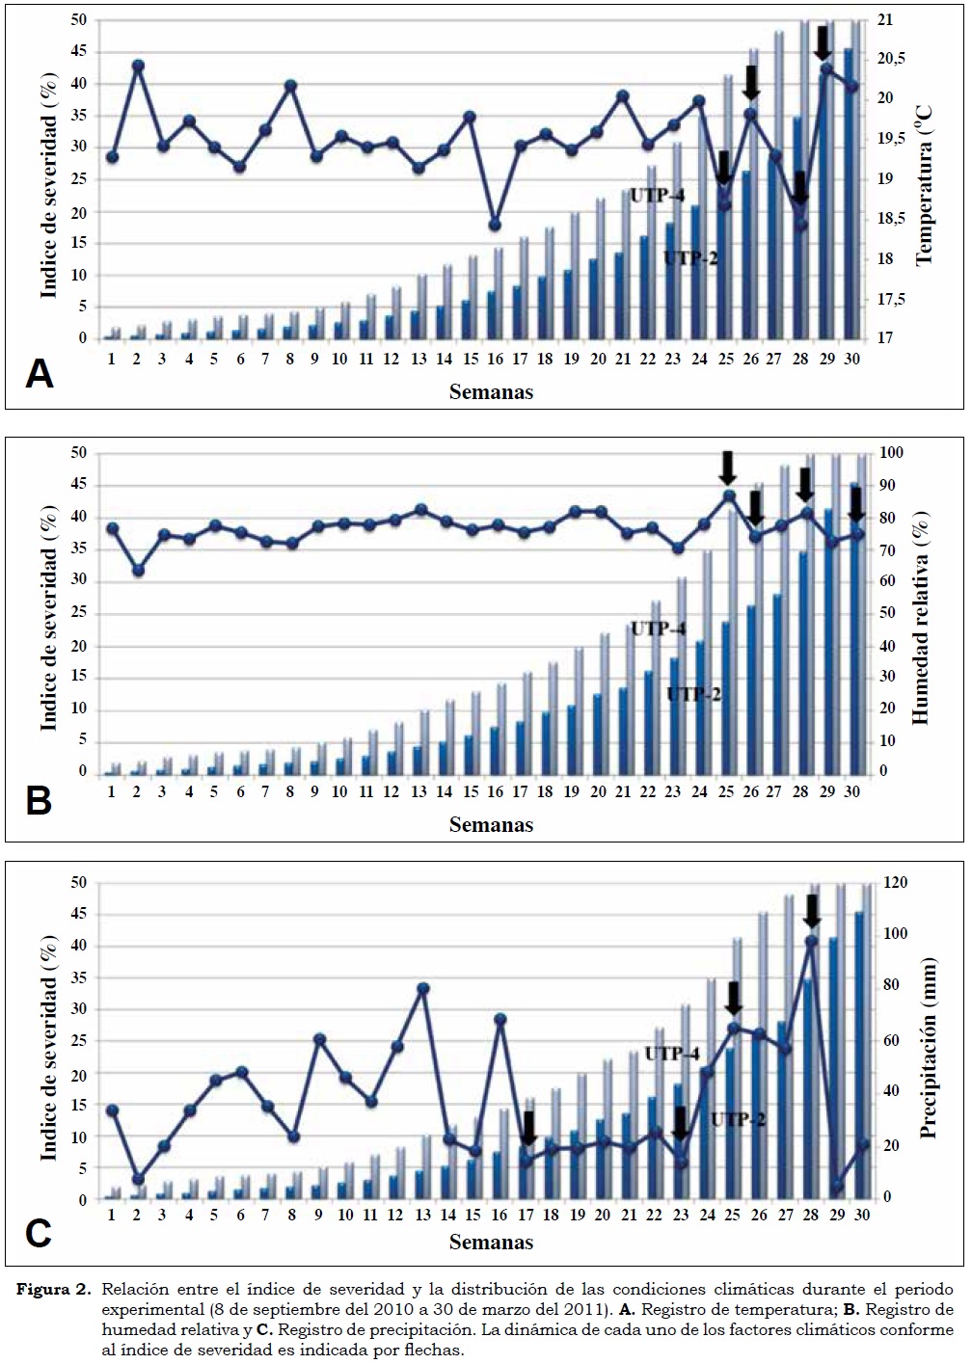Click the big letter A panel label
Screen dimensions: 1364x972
[x=40, y=373]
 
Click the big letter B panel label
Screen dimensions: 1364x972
[x=39, y=801]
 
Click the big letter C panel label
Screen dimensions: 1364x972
[x=39, y=1232]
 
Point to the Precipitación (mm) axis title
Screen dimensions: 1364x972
[x=929, y=1048]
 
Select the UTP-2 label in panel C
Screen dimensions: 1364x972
[x=738, y=1119]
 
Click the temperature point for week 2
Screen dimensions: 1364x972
[x=138, y=66]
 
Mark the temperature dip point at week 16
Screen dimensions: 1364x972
[x=495, y=225]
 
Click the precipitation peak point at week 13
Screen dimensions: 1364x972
[x=422, y=988]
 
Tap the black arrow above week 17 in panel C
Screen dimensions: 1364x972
[x=528, y=1126]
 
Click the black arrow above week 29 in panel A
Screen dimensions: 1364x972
[x=823, y=42]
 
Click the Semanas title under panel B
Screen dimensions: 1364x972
[x=491, y=824]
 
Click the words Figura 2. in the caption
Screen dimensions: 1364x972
[x=55, y=1290]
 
